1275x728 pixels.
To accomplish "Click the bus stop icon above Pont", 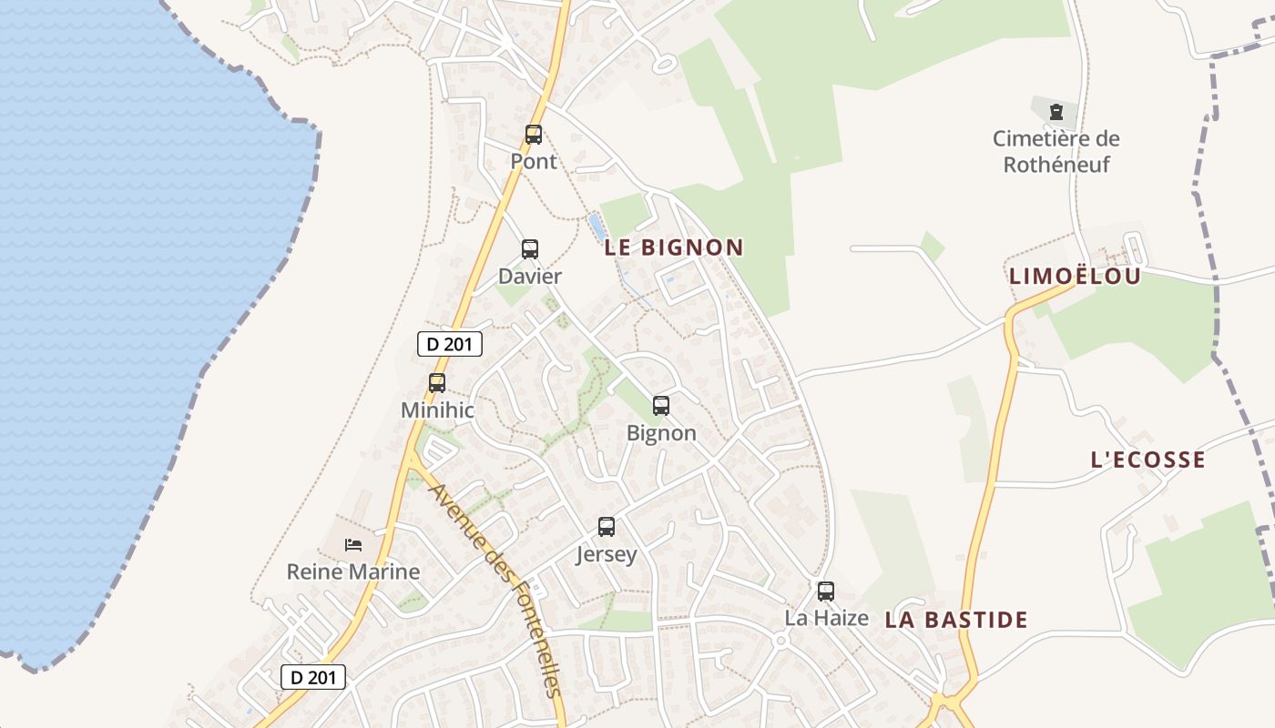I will point(534,135).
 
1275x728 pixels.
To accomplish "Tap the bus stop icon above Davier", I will point(529,248).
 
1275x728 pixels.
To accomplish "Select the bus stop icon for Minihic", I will point(437,383).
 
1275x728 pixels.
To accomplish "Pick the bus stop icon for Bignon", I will point(661,406).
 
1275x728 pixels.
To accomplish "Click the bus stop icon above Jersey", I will point(607,526).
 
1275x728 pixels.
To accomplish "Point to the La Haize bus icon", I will point(826,591).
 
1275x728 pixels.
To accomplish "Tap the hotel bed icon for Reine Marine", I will point(353,545).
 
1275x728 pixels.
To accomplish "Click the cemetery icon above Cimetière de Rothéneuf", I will point(1056,112).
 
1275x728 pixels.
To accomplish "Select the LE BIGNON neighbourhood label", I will point(674,248).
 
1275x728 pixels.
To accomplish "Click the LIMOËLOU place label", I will point(1075,277).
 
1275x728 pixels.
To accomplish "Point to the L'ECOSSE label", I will point(1147,460).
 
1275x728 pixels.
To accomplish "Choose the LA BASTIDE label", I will point(956,621).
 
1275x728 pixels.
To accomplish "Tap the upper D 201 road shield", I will point(449,344).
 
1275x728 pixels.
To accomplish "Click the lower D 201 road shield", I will point(313,677).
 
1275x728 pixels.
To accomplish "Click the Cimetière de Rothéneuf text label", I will point(1056,152).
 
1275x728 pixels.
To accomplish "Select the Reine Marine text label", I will point(353,572).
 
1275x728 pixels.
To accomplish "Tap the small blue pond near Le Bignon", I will point(597,224).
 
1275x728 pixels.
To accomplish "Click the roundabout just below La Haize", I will point(780,641).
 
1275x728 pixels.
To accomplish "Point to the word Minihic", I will point(437,410).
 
